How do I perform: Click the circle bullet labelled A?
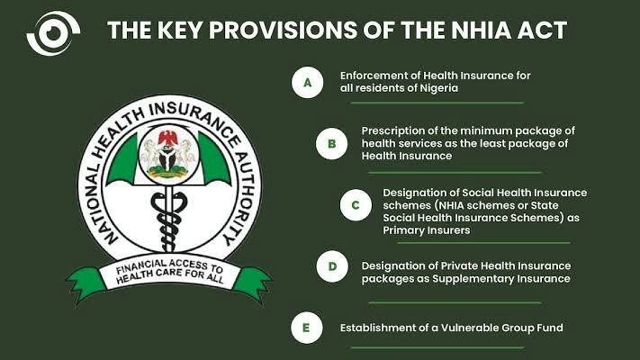coord(307,83)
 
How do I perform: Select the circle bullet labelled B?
coord(331,144)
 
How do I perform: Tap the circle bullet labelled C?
coord(356,205)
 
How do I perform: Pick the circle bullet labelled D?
coord(332,266)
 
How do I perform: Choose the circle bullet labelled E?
coord(307,328)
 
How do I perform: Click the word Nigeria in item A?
coord(439,88)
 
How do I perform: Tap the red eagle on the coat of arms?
coord(167,138)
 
